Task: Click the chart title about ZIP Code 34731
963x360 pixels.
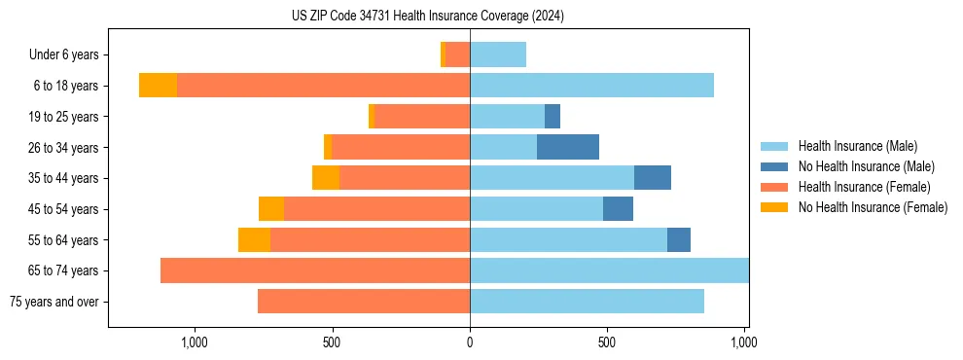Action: pos(428,16)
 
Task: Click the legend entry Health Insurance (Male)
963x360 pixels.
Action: pos(857,146)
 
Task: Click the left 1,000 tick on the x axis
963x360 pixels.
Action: pos(194,343)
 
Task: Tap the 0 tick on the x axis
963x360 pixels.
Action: pos(470,343)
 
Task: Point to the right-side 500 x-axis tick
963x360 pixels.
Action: pos(607,343)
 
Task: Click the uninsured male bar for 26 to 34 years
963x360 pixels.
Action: pos(568,147)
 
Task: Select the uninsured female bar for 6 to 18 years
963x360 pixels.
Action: pos(158,86)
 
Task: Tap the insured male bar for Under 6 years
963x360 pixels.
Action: pos(498,54)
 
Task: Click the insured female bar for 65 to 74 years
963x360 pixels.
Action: pos(315,270)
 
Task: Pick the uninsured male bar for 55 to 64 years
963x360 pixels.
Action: pos(679,239)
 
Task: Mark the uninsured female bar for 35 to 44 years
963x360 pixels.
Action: pos(326,178)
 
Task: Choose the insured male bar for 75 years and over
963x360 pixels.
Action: pos(587,302)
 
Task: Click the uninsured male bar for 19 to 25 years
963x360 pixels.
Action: pos(553,117)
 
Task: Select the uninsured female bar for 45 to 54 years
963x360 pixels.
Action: pos(271,209)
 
